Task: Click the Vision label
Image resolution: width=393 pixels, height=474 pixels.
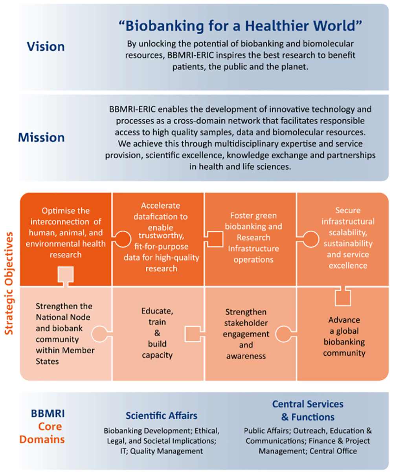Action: click(x=46, y=46)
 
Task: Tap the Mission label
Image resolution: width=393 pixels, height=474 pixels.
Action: click(x=41, y=137)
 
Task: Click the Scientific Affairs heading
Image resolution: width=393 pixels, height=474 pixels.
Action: click(x=162, y=415)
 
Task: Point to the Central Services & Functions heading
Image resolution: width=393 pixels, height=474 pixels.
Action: click(x=308, y=410)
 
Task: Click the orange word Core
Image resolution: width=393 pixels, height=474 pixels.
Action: click(x=50, y=426)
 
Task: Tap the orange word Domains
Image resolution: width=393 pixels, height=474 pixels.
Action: click(x=42, y=439)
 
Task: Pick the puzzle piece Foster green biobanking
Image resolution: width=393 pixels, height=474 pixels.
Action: click(x=250, y=239)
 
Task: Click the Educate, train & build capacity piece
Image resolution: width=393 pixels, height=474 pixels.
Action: click(x=158, y=334)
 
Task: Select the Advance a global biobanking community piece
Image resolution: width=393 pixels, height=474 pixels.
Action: click(x=343, y=334)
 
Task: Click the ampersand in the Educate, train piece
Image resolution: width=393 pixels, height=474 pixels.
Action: click(x=157, y=333)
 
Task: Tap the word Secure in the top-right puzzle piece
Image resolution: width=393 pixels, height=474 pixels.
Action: click(x=348, y=210)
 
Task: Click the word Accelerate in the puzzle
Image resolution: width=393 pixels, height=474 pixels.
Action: click(x=160, y=206)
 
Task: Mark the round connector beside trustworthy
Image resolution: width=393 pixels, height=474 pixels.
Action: click(x=122, y=239)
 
